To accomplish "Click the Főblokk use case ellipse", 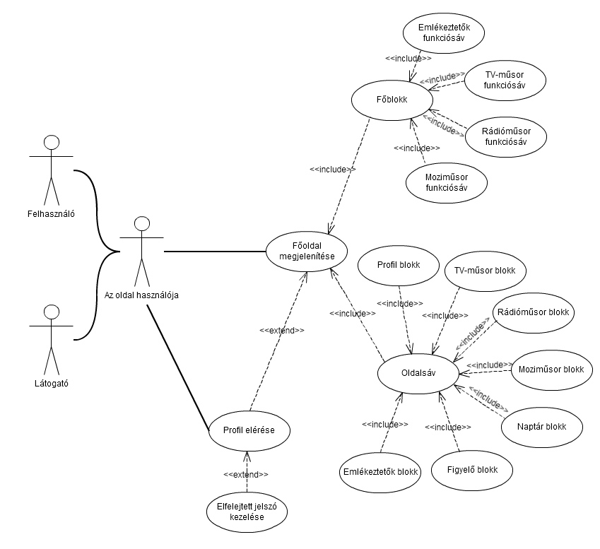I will pyautogui.click(x=392, y=100).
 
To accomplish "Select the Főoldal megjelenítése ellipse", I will pyautogui.click(x=307, y=251).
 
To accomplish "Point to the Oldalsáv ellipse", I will pyautogui.click(x=418, y=372).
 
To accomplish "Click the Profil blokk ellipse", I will pyautogui.click(x=399, y=266).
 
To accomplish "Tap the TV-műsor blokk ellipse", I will pyautogui.click(x=485, y=270).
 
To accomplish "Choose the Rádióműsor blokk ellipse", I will pyautogui.click(x=534, y=312).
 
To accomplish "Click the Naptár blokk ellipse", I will pyautogui.click(x=542, y=426).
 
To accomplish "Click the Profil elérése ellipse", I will pyautogui.click(x=249, y=430).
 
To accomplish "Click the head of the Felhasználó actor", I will pyautogui.click(x=50, y=143).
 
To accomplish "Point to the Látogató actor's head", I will pyautogui.click(x=50, y=312).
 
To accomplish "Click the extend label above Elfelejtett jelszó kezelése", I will pyautogui.click(x=245, y=473).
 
